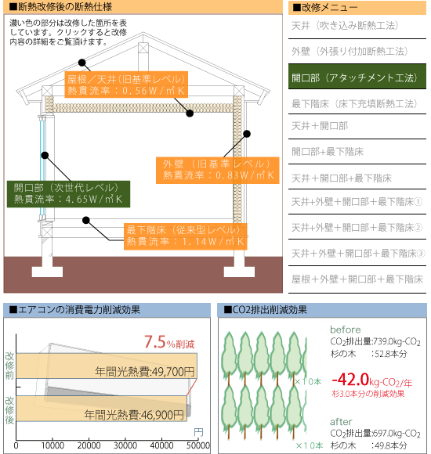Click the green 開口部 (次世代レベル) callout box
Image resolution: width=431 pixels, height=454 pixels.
point(68,194)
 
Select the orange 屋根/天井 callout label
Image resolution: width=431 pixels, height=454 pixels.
point(126,85)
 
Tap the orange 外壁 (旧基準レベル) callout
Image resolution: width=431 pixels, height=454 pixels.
point(217,171)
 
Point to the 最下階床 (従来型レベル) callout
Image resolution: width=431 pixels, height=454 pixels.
point(186,236)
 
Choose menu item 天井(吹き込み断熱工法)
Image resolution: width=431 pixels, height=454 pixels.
point(345,26)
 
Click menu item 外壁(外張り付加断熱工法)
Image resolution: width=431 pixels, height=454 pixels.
point(350,52)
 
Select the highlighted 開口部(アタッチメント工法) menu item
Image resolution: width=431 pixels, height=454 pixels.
point(357,77)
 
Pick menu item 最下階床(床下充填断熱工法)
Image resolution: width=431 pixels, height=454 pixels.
point(354,103)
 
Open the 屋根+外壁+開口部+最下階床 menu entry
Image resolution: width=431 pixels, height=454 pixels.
point(357,279)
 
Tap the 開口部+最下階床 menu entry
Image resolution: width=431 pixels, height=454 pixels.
point(328,152)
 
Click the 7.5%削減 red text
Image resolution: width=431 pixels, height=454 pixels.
point(169,342)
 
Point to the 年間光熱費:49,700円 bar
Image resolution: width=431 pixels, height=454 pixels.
point(107,366)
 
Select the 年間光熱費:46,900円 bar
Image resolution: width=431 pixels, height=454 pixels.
point(101,409)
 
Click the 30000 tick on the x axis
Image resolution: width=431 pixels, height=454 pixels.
point(125,445)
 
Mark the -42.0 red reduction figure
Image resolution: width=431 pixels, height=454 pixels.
point(350,380)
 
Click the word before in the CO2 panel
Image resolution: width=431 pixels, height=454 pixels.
point(346,330)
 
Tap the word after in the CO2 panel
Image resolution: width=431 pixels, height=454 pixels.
point(341,422)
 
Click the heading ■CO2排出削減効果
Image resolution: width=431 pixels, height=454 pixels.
point(265,310)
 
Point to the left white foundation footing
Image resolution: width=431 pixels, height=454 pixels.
point(47,268)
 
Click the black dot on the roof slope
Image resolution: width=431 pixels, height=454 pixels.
point(82,63)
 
